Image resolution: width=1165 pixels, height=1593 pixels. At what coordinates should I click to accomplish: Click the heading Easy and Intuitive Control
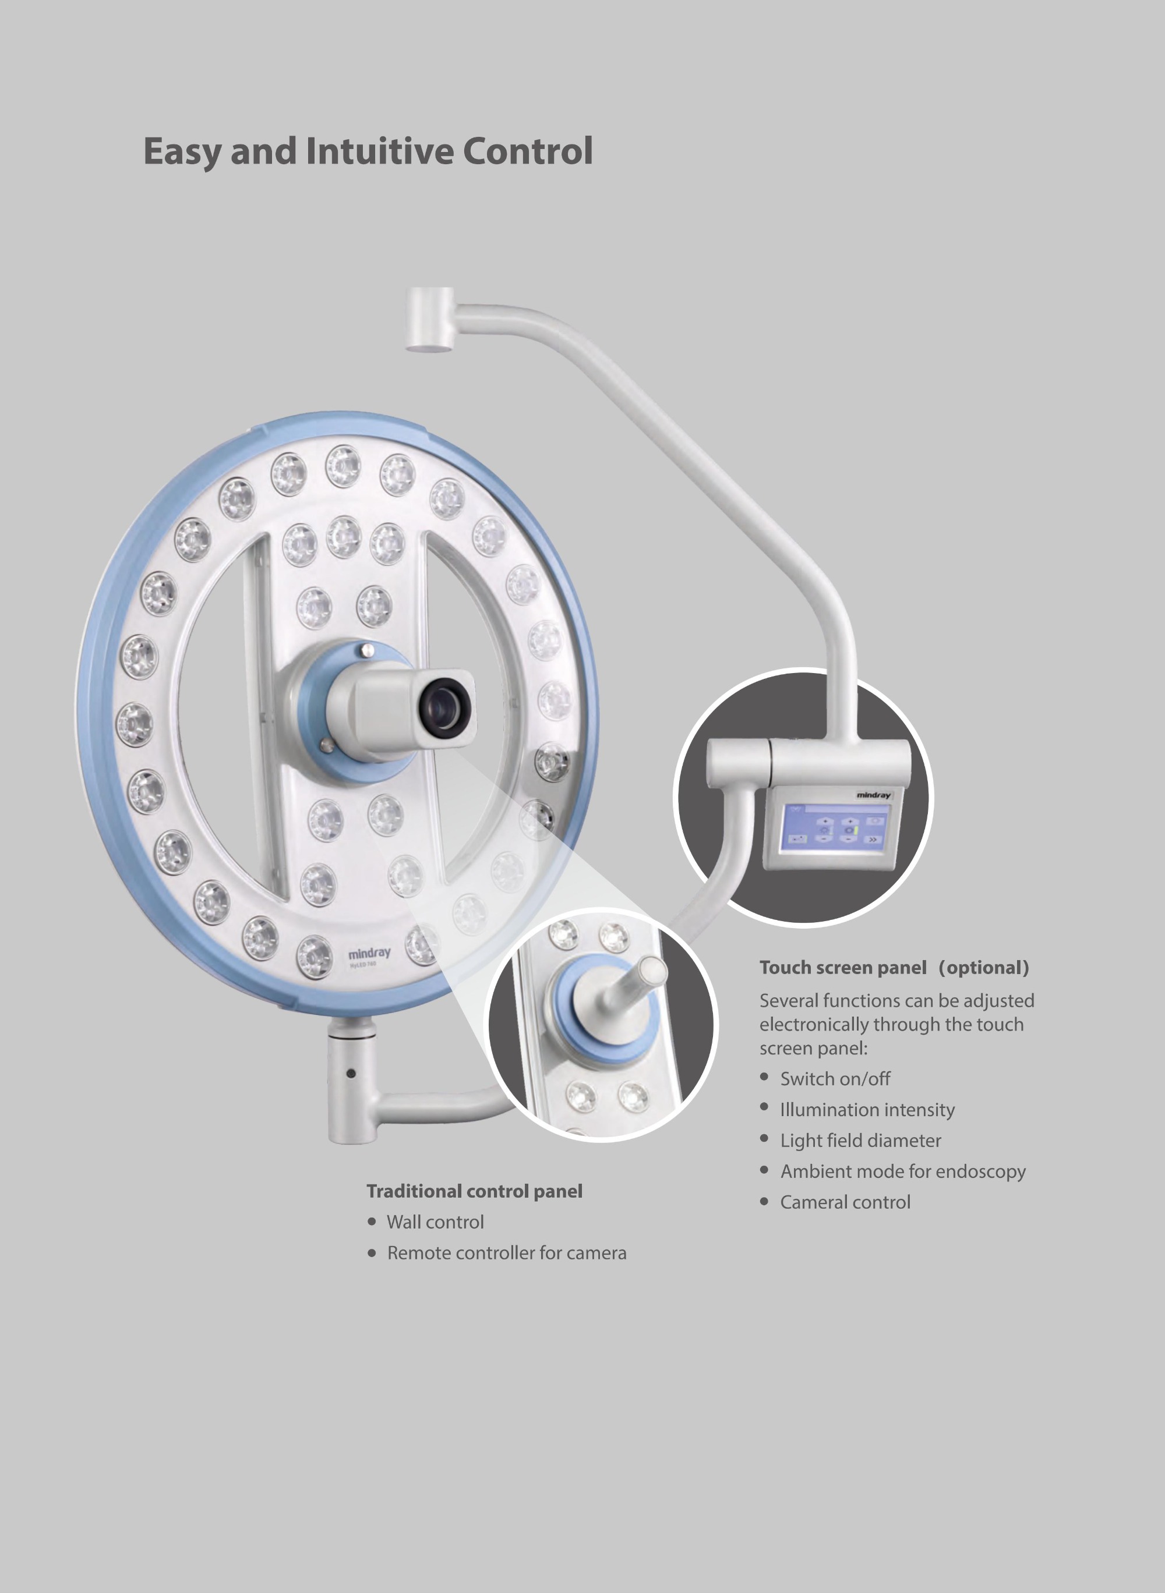click(368, 151)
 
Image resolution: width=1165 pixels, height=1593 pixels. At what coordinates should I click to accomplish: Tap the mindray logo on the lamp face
click(369, 954)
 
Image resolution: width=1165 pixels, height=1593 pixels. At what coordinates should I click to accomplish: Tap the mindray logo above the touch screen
click(874, 795)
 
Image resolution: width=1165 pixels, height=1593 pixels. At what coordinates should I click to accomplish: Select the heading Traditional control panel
click(475, 1191)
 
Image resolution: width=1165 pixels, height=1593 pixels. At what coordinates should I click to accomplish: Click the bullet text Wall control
click(435, 1222)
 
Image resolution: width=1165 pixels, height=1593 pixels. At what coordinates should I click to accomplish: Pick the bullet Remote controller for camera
click(506, 1253)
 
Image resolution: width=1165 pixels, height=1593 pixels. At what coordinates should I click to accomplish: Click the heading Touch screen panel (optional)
click(894, 968)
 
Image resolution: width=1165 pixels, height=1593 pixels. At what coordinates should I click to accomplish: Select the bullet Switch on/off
click(835, 1079)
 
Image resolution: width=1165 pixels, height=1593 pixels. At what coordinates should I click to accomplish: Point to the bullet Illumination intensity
click(867, 1110)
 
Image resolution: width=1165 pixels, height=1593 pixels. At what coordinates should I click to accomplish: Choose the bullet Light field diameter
click(860, 1141)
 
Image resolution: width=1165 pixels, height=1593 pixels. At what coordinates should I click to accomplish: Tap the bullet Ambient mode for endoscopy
click(903, 1171)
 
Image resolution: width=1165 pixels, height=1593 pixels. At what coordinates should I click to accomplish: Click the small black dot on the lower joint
click(351, 1074)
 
